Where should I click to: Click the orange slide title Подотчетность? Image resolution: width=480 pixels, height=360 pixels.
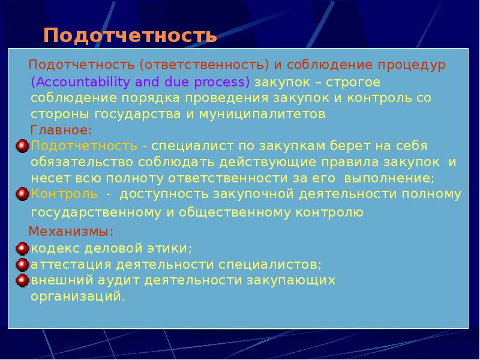(130, 35)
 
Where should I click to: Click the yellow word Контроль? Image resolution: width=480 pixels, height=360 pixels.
(64, 194)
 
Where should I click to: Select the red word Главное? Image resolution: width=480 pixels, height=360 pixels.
(61, 130)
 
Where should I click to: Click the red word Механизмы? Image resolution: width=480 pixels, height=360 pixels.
(71, 231)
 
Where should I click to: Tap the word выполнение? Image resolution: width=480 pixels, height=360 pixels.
(394, 178)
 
